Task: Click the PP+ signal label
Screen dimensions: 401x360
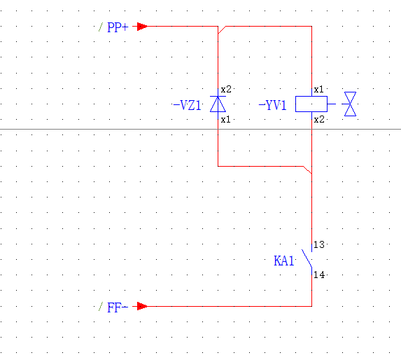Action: [x=118, y=27]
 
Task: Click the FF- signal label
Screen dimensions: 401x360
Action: [x=118, y=307]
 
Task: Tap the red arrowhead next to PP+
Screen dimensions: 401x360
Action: [x=142, y=27]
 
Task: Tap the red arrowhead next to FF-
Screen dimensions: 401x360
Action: [x=142, y=306]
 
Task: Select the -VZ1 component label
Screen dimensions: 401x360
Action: [x=187, y=105]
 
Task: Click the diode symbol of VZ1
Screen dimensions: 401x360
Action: [x=218, y=104]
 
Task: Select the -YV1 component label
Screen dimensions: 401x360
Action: [x=273, y=105]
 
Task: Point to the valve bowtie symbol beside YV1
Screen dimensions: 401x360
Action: [x=350, y=104]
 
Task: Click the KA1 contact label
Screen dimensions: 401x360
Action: [x=284, y=261]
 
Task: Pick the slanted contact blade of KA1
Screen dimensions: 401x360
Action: [x=307, y=258]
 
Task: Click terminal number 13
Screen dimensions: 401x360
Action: [x=319, y=245]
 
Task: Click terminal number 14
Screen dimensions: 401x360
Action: [x=319, y=275]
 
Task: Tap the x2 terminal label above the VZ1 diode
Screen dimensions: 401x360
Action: [x=226, y=90]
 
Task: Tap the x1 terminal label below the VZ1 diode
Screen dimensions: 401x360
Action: [x=225, y=120]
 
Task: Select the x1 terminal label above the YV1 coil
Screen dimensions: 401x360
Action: [x=318, y=90]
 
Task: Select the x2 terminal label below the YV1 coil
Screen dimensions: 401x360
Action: [x=319, y=120]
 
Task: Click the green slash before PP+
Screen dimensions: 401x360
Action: [x=101, y=27]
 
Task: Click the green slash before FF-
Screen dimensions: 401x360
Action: [x=101, y=307]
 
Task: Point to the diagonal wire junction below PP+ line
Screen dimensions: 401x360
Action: [x=222, y=30]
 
